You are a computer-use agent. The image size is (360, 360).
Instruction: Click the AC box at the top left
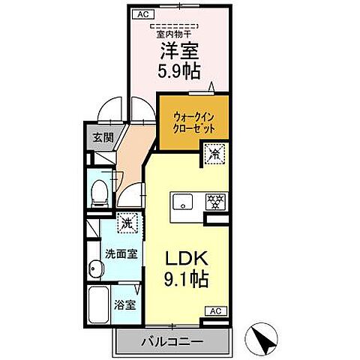coord(143,13)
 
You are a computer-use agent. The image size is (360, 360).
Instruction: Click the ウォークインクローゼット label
coord(193,122)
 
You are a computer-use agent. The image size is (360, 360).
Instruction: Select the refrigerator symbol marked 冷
coord(214,156)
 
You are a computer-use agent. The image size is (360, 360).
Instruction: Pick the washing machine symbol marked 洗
coord(127,223)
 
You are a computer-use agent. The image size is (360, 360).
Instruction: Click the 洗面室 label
coord(121,253)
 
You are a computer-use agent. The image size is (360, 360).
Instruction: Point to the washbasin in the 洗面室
coord(94,268)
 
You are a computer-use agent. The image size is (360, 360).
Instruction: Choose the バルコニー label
coord(172,342)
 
